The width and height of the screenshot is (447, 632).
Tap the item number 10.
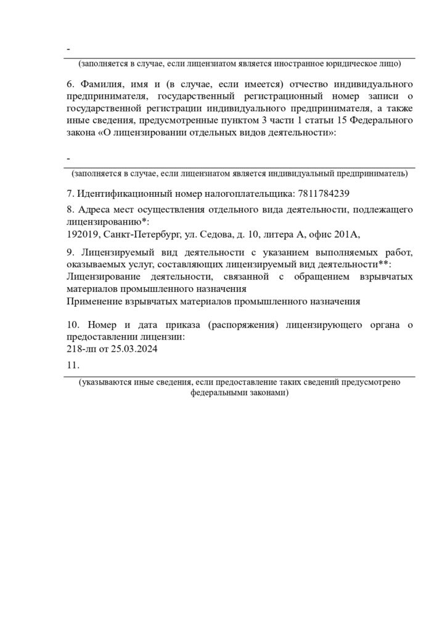(73, 325)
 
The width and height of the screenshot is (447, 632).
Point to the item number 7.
(69, 192)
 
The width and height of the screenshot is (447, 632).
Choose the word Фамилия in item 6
(104, 83)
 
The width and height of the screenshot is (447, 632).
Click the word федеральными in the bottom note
(216, 393)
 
